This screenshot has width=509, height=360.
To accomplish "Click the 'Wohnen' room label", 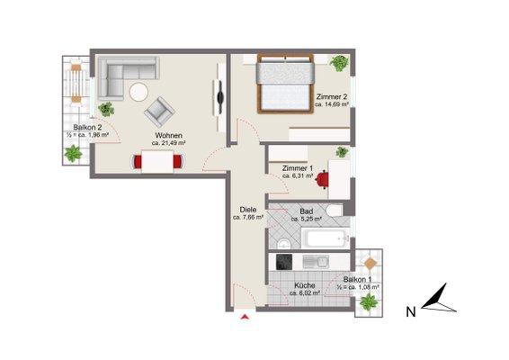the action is (x=168, y=135).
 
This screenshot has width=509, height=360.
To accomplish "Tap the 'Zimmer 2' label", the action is (x=332, y=97).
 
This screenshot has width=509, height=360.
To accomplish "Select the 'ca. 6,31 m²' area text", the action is (x=298, y=175).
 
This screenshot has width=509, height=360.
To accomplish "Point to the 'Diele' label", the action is (x=248, y=210).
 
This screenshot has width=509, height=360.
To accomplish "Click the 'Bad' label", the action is (x=307, y=211).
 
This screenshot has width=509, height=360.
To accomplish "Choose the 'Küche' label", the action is (x=305, y=285).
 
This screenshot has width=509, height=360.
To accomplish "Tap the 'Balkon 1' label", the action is (x=358, y=279).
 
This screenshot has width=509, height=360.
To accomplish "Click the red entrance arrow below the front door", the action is (x=246, y=317).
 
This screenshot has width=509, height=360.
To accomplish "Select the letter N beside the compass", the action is (x=411, y=312).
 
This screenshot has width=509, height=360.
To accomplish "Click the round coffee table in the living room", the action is (x=138, y=92).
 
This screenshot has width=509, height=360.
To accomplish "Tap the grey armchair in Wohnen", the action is (x=159, y=112).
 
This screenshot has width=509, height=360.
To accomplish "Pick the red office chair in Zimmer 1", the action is (x=321, y=180).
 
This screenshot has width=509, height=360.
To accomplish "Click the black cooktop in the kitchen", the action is (x=284, y=262).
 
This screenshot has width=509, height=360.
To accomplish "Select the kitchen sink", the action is (x=316, y=262).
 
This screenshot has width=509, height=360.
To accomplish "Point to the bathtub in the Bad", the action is (x=326, y=238).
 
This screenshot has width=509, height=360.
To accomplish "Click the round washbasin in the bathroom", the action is (x=284, y=243).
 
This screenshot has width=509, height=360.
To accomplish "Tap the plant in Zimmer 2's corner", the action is (x=339, y=63).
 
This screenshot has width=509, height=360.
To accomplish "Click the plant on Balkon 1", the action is (x=369, y=301).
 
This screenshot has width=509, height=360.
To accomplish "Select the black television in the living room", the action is (x=220, y=96).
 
